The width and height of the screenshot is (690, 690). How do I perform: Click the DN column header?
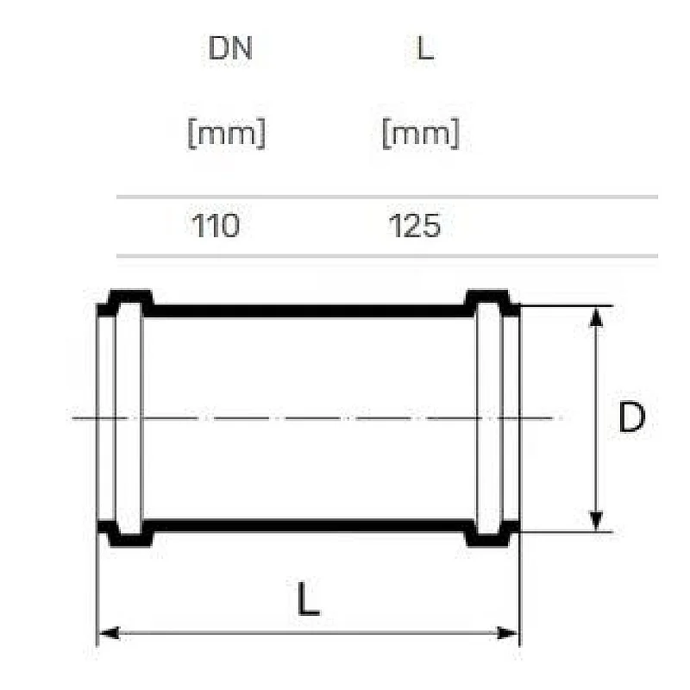tap(230, 48)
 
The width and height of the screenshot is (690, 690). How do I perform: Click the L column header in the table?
tap(424, 48)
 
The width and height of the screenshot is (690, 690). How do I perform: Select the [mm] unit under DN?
tap(227, 134)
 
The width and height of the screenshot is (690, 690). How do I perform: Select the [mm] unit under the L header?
tap(421, 134)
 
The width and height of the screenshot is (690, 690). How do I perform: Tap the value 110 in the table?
tap(216, 225)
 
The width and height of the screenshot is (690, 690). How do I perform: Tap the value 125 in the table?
tap(415, 225)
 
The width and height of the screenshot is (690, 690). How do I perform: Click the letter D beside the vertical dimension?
tap(632, 417)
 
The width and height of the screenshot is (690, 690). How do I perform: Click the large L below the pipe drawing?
tap(309, 599)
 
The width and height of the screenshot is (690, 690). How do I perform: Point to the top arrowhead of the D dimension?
tap(596, 317)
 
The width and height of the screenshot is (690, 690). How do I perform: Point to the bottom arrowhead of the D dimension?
tap(596, 521)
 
